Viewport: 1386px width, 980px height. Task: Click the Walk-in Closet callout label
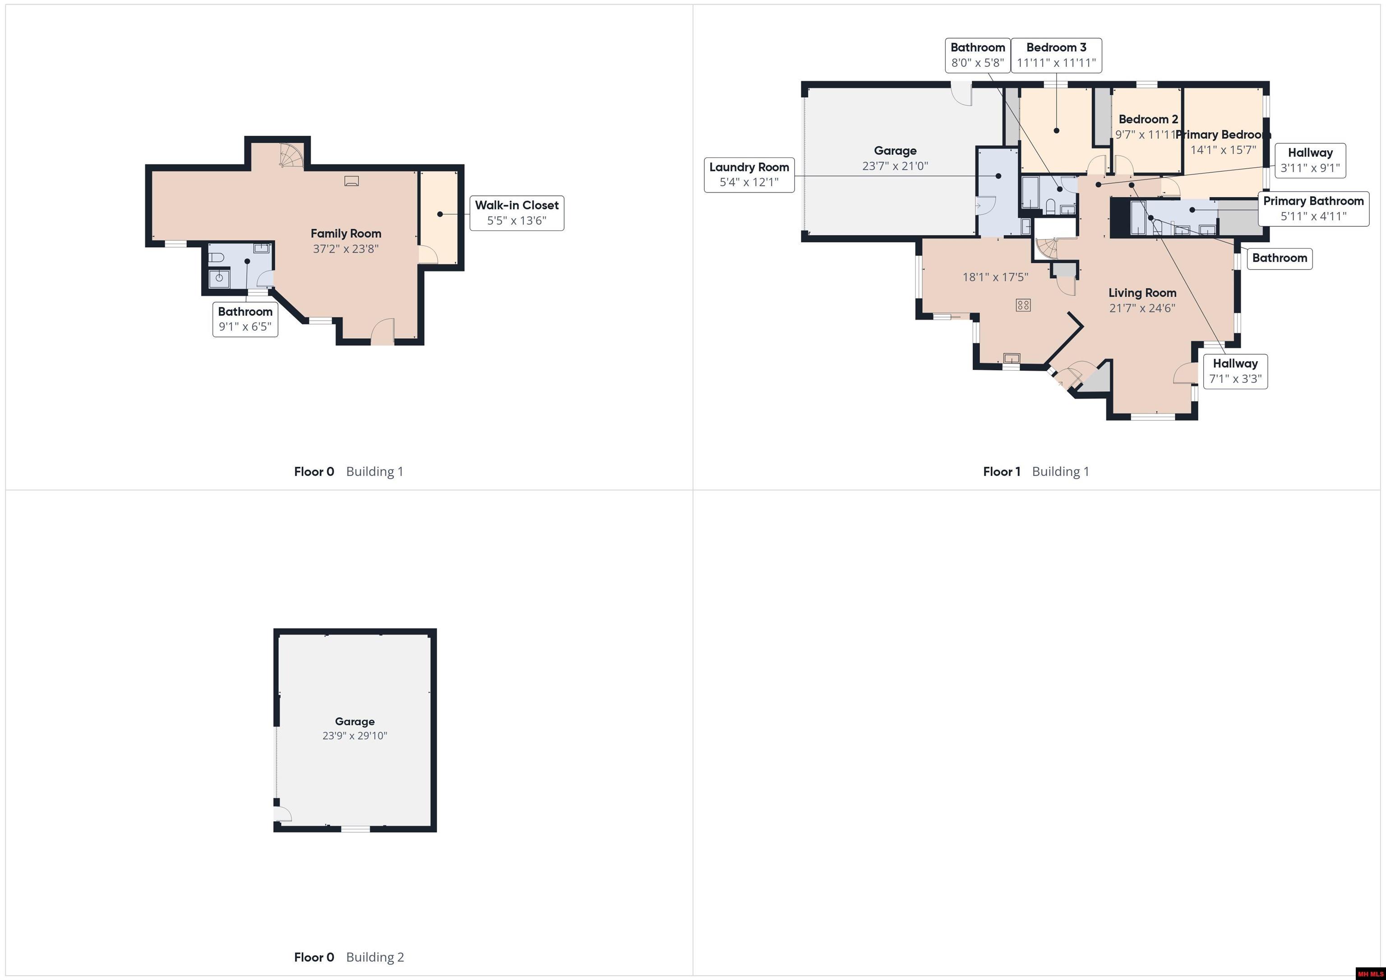point(517,213)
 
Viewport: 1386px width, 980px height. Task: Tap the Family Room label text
point(346,234)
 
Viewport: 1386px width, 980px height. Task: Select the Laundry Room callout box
point(749,175)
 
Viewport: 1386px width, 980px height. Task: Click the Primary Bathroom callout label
point(1313,209)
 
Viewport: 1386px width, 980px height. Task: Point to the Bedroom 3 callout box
point(1056,55)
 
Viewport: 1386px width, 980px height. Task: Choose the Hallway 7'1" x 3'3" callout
point(1235,371)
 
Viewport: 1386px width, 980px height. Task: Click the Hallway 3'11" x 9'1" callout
point(1310,161)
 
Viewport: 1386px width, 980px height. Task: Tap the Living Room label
point(1142,293)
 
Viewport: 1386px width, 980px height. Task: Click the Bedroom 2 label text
point(1148,120)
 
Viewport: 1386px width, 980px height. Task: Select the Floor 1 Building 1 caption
point(1036,471)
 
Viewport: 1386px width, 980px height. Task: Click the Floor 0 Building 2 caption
point(349,957)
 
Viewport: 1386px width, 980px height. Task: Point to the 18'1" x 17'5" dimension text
point(995,277)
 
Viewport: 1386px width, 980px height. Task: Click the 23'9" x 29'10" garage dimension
point(355,736)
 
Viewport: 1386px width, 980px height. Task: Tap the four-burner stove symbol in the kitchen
point(1023,305)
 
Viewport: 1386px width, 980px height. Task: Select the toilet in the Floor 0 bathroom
point(217,258)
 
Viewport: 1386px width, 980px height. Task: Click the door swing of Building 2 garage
point(282,814)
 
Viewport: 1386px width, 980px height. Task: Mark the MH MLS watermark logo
point(1370,973)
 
